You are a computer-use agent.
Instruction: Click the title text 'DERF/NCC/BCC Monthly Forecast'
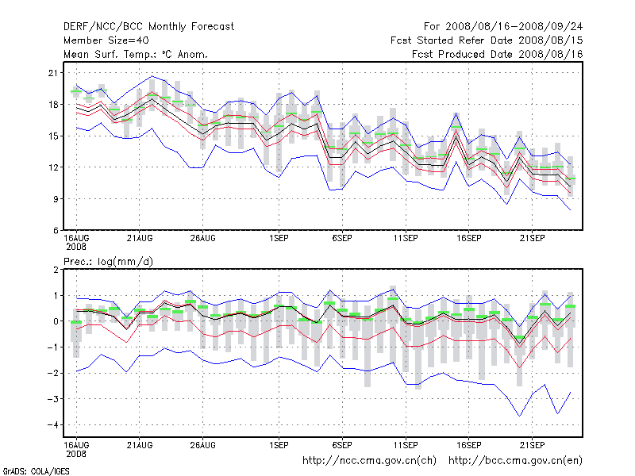[x=148, y=27]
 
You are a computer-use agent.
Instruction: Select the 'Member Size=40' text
[x=106, y=40]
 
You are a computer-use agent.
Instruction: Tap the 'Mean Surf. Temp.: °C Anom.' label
[x=136, y=54]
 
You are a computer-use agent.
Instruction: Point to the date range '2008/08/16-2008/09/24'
[x=514, y=27]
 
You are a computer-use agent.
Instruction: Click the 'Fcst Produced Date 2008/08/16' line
[x=498, y=54]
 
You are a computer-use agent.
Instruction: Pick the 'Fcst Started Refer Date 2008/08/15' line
[x=487, y=40]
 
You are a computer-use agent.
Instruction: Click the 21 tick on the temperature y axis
[x=53, y=73]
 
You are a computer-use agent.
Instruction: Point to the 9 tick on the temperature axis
[x=56, y=199]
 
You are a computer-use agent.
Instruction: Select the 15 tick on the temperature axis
[x=53, y=136]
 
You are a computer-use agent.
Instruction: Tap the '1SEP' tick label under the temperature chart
[x=279, y=239]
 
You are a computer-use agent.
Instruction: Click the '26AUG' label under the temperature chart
[x=202, y=239]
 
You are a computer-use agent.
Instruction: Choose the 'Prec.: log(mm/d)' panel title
[x=108, y=262]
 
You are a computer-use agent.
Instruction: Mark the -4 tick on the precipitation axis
[x=52, y=425]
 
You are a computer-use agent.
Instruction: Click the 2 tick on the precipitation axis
[x=56, y=270]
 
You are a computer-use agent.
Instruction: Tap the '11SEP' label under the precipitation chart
[x=406, y=445]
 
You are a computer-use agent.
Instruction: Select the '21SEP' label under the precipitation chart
[x=532, y=445]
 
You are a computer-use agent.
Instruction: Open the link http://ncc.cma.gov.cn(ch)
[x=369, y=461]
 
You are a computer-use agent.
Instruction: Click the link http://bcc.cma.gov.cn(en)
[x=515, y=461]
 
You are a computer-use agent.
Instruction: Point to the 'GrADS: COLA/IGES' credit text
[x=36, y=471]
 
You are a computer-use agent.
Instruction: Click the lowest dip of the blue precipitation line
[x=520, y=416]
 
